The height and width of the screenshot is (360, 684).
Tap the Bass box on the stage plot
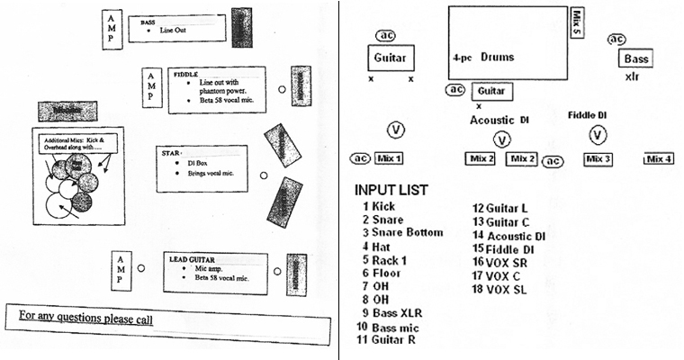(x=634, y=59)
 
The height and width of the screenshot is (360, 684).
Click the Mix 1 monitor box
(x=389, y=158)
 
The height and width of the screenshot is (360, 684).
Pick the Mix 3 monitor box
(x=598, y=158)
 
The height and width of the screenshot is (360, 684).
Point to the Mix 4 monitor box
(x=660, y=158)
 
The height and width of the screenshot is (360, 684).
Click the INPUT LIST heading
(x=391, y=190)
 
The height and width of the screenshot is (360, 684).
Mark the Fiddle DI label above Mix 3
(x=589, y=114)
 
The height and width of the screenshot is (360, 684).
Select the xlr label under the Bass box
(x=632, y=77)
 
